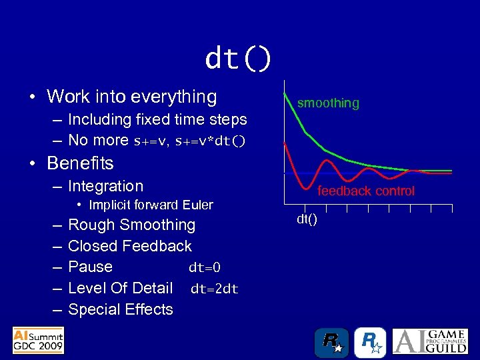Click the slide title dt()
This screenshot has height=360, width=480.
pos(238,59)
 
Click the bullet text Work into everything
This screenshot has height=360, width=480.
pos(131,97)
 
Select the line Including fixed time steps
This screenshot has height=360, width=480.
pos(157,120)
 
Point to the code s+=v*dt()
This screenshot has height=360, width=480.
pos(210,141)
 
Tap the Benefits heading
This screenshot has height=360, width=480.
pos(80,163)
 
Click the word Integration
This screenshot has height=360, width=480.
pos(105,187)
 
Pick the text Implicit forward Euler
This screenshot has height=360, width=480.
pos(151,205)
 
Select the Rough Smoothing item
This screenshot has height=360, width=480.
pos(131,225)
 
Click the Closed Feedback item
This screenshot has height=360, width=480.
pos(129,246)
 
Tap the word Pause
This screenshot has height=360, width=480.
pos(90,267)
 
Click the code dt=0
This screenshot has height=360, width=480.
pos(204,268)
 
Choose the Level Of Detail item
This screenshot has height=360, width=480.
pos(120,288)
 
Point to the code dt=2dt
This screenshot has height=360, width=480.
pos(214,289)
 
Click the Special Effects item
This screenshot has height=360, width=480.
pos(120,309)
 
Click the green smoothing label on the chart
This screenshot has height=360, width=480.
pos(328,103)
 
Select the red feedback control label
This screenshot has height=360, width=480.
pos(365,191)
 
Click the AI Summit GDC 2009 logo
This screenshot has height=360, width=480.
pos(38,340)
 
